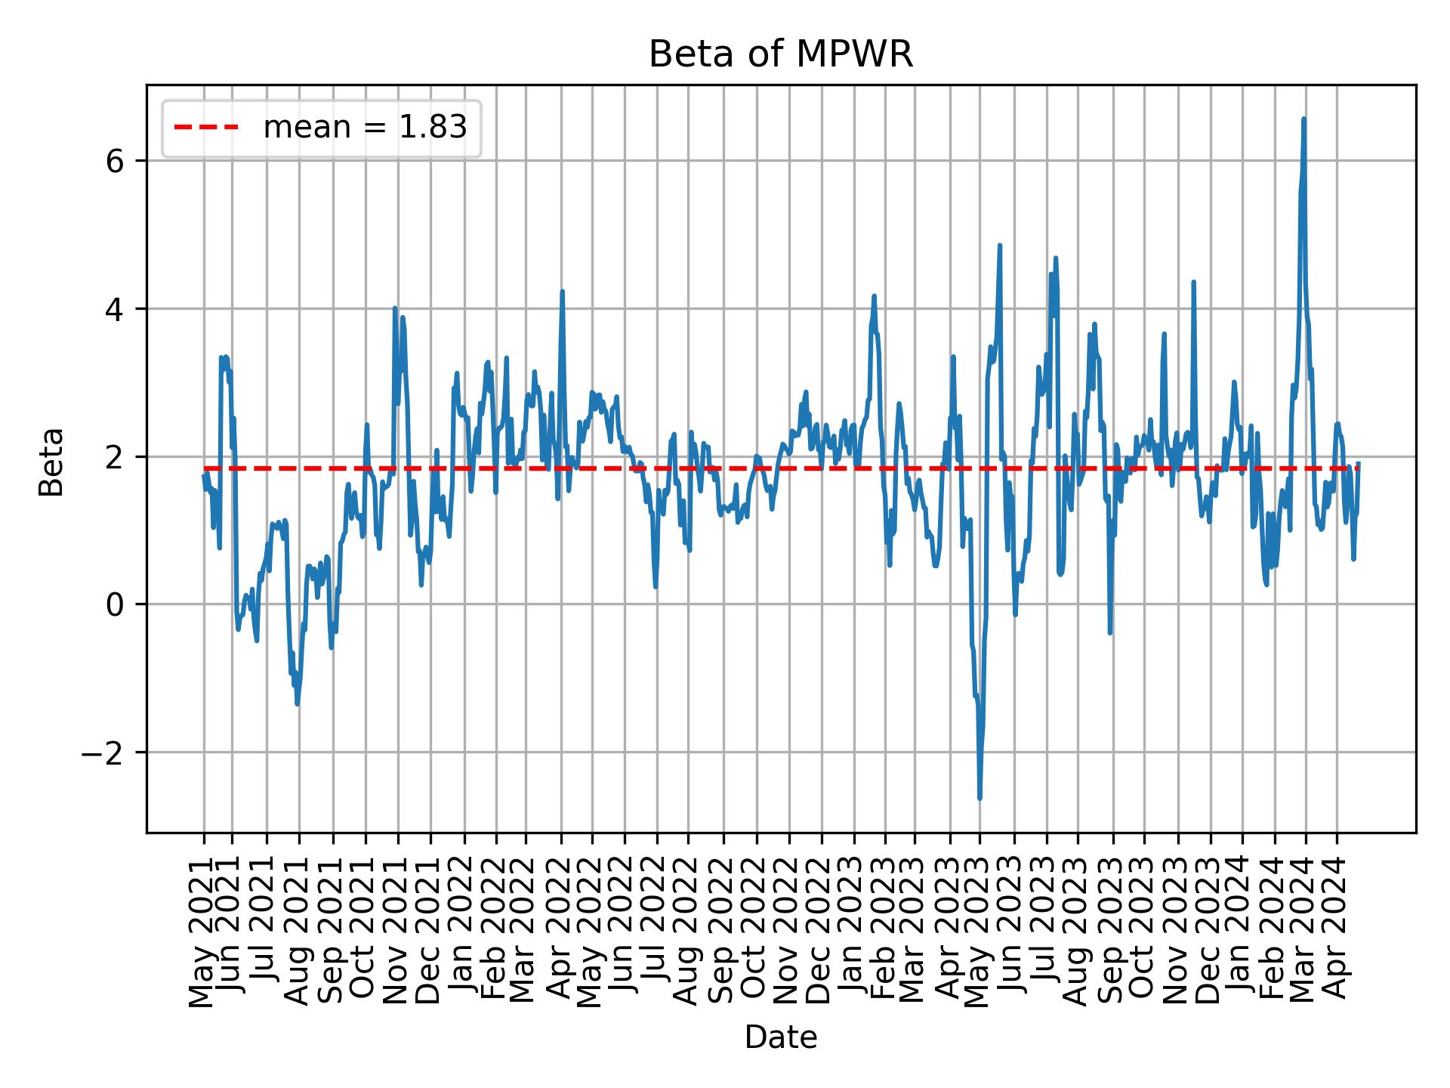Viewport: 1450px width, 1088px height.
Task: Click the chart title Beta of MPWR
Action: coord(781,54)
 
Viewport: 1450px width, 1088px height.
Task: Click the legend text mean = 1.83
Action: coord(365,128)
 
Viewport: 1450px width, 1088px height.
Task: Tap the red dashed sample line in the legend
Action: coord(206,128)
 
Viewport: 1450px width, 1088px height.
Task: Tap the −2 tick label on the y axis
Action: coord(103,753)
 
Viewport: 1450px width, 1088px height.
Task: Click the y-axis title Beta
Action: coord(51,462)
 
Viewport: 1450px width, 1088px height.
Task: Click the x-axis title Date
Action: coord(781,1037)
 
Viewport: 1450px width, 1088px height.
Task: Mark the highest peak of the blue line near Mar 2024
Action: coord(1303,119)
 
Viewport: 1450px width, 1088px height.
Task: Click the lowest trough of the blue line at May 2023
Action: coord(980,798)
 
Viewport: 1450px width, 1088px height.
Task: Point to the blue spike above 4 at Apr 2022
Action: coord(562,292)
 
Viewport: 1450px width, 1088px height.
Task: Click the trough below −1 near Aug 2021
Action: coord(298,703)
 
